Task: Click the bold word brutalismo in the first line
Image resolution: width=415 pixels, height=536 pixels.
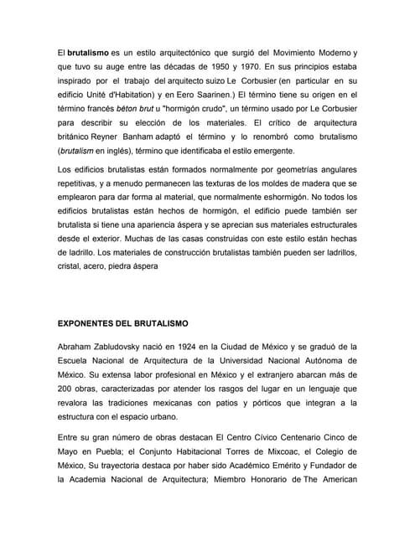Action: click(88, 53)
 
